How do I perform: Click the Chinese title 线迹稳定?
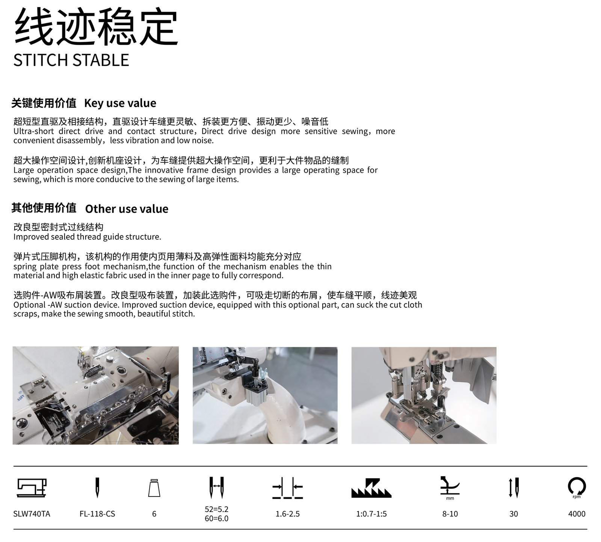click(x=96, y=27)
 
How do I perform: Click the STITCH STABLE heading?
click(x=71, y=60)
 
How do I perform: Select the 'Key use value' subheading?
click(x=120, y=103)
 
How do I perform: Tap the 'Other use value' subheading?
click(x=127, y=208)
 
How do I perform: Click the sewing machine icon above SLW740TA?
click(x=32, y=488)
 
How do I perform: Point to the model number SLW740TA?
click(x=32, y=514)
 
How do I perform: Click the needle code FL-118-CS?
click(x=97, y=514)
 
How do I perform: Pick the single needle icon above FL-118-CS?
click(x=97, y=488)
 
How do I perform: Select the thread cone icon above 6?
click(x=154, y=488)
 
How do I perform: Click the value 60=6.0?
click(x=217, y=518)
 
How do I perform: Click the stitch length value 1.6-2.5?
click(x=288, y=514)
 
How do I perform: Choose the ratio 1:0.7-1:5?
click(x=371, y=514)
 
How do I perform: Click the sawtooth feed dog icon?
click(x=371, y=488)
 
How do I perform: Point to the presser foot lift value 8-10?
click(x=450, y=514)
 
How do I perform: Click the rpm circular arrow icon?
click(x=577, y=486)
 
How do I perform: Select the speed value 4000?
click(x=577, y=514)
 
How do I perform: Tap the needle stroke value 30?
click(x=513, y=514)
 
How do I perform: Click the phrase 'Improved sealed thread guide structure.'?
click(x=87, y=237)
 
